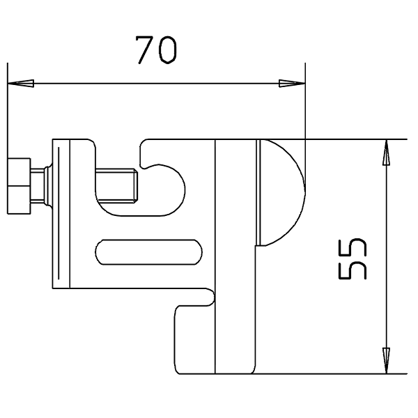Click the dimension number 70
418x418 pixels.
coord(156,50)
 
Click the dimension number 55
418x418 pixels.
coord(353,259)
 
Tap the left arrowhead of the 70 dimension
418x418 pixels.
coord(21,84)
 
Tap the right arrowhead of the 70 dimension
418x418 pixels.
coord(292,84)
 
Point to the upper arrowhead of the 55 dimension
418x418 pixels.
coord(386,152)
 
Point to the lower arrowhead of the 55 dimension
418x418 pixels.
coord(386,360)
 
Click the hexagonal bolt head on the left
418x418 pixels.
coord(19,186)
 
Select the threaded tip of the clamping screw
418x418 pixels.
coord(117,185)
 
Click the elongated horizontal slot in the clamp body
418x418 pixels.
coord(149,252)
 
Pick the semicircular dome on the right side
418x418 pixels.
coord(283,192)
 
